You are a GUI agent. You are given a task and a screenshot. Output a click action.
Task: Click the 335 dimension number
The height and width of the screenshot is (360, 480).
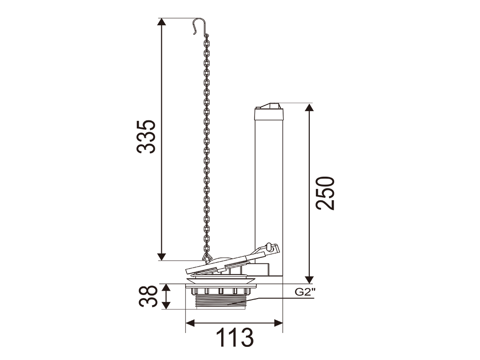coord(146,136)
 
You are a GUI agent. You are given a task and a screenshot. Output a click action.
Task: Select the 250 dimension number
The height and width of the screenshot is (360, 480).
coord(325,193)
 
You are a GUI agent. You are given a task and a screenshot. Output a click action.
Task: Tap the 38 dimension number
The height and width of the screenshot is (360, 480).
coord(148,296)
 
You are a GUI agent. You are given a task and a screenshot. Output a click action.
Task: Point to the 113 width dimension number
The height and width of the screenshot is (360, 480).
coord(235,337)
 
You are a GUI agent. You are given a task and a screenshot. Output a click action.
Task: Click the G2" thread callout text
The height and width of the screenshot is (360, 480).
coord(305,292)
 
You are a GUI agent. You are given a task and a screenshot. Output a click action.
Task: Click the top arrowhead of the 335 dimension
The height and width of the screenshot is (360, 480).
coord(162,22)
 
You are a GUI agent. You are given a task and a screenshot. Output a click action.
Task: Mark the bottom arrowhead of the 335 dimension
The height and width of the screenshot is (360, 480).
coord(162,257)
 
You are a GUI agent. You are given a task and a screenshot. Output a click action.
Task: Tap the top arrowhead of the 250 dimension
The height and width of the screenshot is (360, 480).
coord(309,107)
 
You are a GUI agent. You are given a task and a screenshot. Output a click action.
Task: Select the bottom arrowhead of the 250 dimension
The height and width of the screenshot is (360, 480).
coord(309,279)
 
